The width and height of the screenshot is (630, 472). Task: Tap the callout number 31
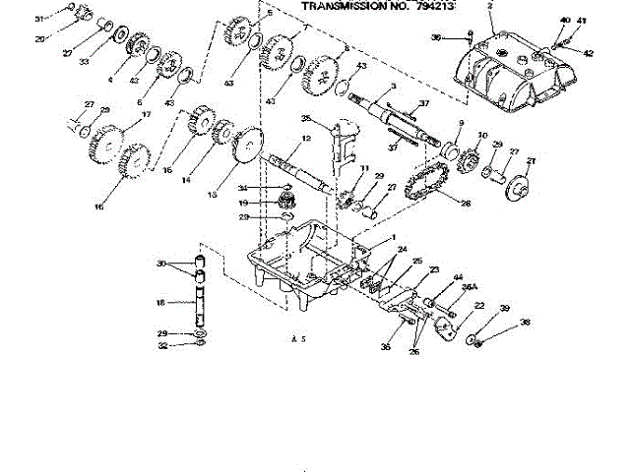(39, 19)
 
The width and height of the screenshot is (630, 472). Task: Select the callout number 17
(147, 115)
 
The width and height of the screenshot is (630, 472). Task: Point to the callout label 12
(306, 139)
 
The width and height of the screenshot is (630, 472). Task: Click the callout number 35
(305, 119)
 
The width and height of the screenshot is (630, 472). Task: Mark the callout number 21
(531, 161)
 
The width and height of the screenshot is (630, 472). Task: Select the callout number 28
(467, 203)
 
